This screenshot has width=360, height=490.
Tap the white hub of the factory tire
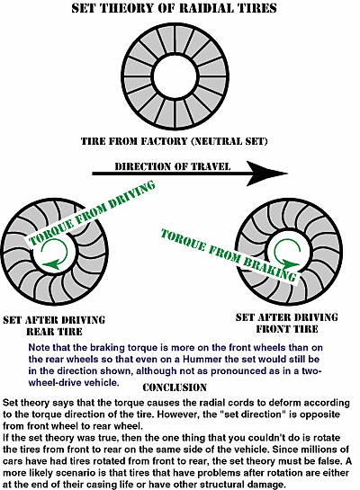tap(175, 76)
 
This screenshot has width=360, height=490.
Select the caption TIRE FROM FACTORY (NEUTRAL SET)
tap(175, 141)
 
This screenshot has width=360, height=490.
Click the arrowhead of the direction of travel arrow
tap(266, 174)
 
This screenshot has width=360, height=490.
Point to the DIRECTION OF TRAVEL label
tap(172, 166)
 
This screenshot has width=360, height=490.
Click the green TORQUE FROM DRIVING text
tap(92, 212)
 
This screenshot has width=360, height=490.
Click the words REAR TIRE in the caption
tap(54, 332)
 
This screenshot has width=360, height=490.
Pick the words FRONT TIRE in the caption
tap(287, 329)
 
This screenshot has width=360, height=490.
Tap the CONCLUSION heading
tap(175, 388)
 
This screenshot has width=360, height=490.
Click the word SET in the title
tap(83, 8)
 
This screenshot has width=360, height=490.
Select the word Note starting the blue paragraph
tap(39, 348)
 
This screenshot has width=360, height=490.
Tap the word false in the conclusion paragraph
tap(329, 461)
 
